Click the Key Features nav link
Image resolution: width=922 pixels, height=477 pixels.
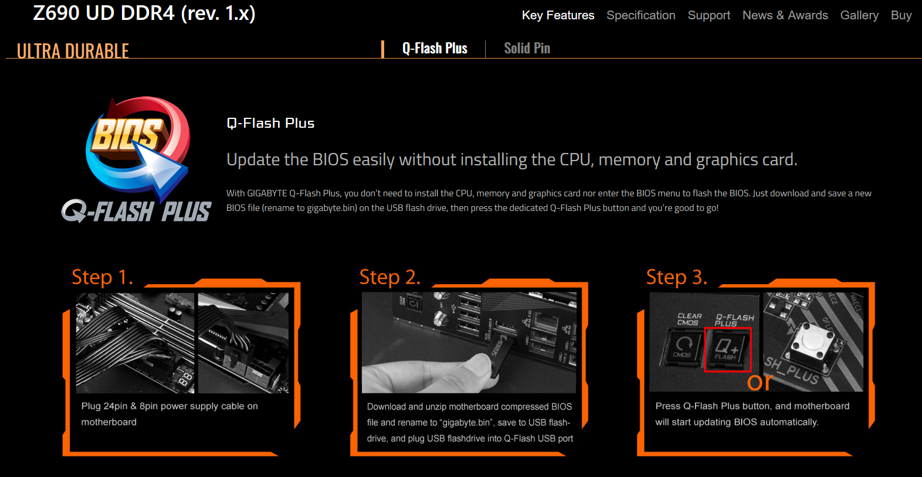tap(558, 15)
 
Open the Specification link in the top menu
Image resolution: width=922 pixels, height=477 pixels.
tap(641, 15)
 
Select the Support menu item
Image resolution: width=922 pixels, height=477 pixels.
tap(709, 15)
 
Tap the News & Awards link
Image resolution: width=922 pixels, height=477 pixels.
tap(785, 15)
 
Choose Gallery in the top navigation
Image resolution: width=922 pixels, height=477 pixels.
tap(859, 15)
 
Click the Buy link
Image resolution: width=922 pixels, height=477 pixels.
tap(901, 15)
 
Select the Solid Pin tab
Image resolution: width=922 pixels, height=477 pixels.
tap(527, 48)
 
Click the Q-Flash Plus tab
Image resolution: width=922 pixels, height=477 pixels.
tap(435, 48)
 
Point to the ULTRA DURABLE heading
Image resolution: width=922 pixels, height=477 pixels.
tap(73, 51)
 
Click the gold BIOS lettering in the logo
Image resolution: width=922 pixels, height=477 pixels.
tap(126, 135)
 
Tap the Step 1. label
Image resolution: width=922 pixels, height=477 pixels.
tap(103, 277)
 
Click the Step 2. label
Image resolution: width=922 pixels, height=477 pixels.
tap(390, 277)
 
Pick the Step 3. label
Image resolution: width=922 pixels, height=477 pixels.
tap(677, 277)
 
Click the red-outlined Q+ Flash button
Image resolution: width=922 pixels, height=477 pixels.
tap(728, 349)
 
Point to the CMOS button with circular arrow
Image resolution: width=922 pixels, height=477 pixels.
tap(683, 348)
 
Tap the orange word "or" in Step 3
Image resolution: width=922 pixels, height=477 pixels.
tap(760, 382)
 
